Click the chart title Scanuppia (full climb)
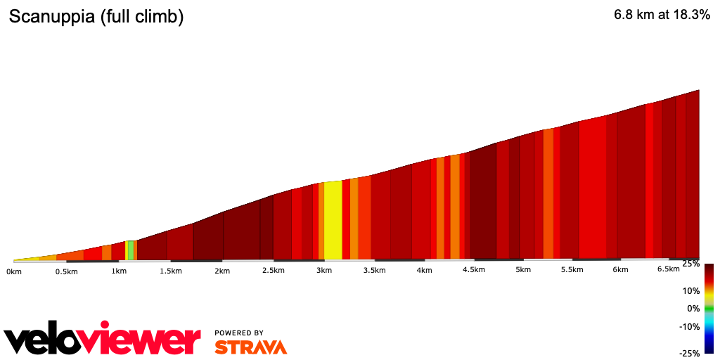click(x=96, y=18)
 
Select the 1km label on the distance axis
click(x=119, y=271)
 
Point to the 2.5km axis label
click(x=273, y=271)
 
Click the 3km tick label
click(x=324, y=271)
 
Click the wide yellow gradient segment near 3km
click(x=333, y=221)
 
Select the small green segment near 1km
click(x=131, y=250)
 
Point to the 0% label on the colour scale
click(x=694, y=308)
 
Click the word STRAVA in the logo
click(x=251, y=347)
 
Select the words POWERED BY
click(x=239, y=333)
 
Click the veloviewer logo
click(x=103, y=340)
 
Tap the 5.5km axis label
click(x=572, y=270)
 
